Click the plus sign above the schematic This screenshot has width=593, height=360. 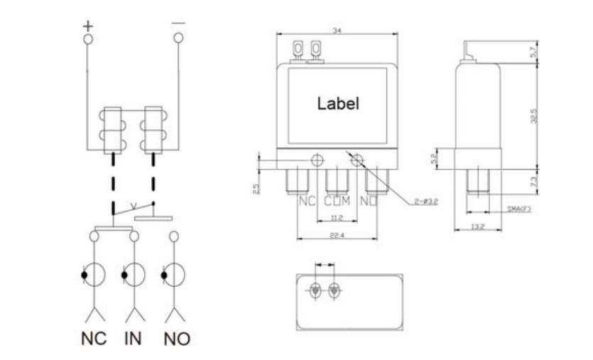tap(88, 26)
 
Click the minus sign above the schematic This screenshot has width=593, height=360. tap(178, 23)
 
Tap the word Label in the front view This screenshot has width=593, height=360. tap(338, 103)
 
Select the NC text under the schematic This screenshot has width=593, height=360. tap(93, 338)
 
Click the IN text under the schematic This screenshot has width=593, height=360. tap(132, 338)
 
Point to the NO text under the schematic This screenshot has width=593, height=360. tap(177, 339)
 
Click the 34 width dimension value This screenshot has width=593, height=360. tap(337, 29)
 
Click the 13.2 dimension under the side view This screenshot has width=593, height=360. tap(477, 227)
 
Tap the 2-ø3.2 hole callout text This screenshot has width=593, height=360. tap(425, 202)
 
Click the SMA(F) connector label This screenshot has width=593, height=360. tap(519, 209)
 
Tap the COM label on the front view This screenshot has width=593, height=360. tap(337, 201)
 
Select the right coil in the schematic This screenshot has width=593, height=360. tap(153, 129)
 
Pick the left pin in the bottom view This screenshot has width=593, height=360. tap(316, 290)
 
